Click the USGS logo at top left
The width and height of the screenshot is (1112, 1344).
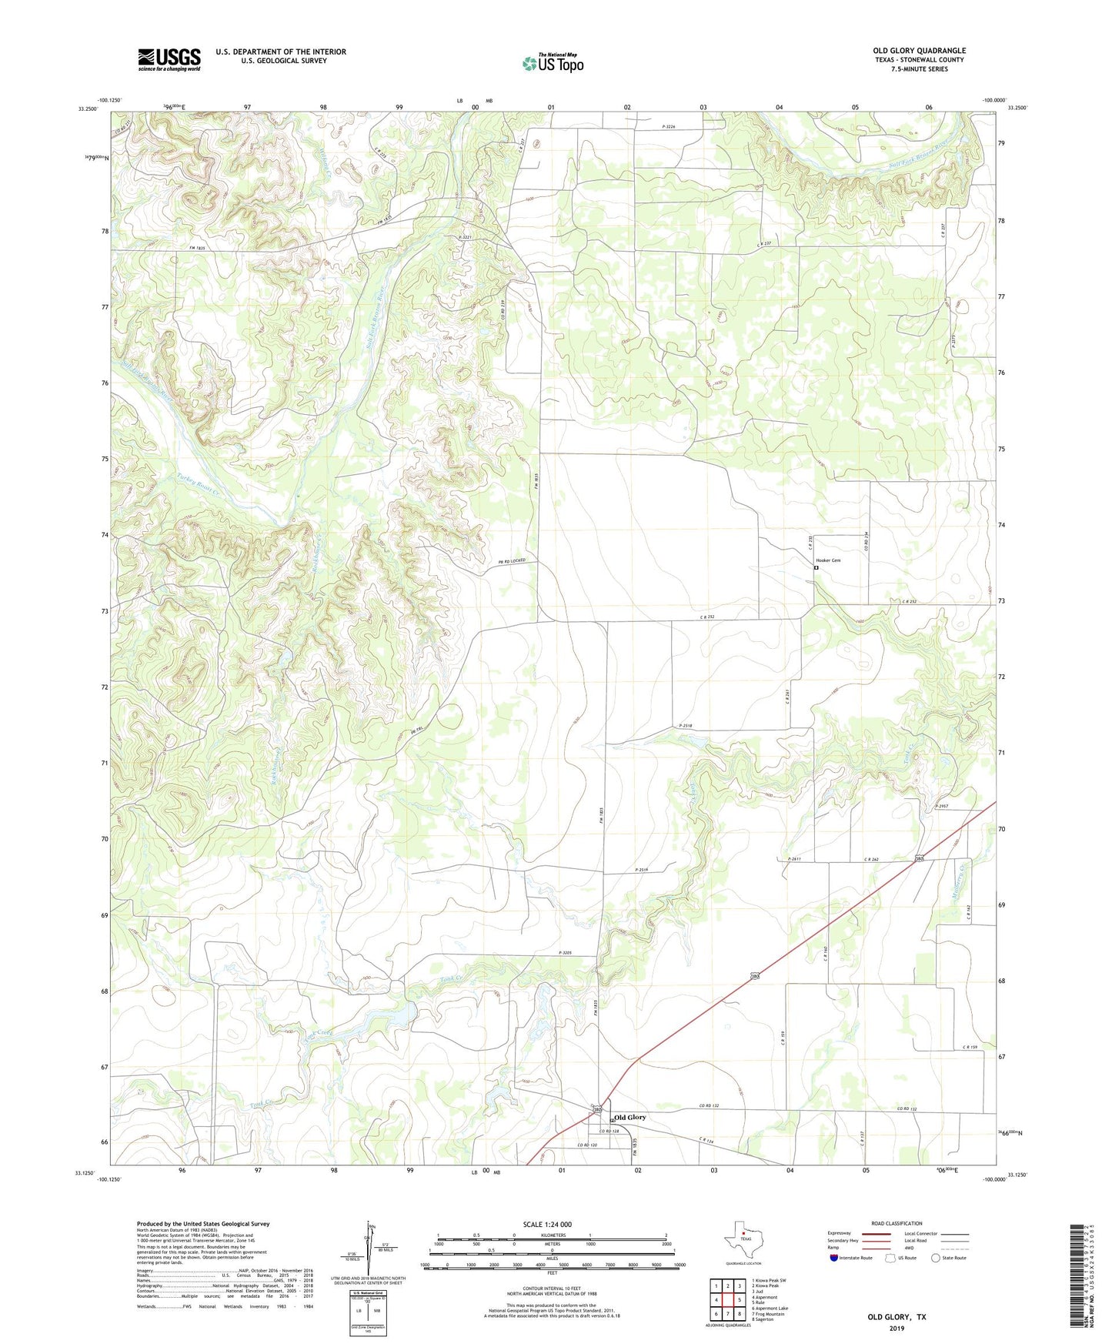169,59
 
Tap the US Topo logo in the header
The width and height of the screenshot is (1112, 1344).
553,63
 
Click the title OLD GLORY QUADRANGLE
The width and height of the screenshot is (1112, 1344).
919,51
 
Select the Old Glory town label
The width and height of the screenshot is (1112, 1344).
629,1117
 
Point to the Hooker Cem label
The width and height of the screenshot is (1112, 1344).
828,560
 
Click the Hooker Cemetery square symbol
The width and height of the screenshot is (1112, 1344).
816,568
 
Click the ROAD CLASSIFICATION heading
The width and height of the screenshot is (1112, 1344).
897,1223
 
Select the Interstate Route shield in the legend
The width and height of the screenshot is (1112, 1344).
834,1257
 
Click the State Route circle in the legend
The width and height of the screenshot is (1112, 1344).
935,1258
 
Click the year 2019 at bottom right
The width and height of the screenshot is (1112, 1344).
897,1328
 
